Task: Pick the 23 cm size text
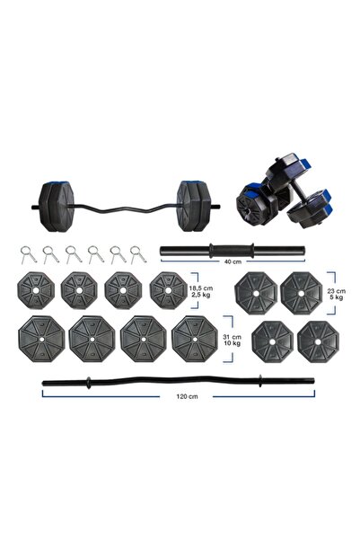point(335,293)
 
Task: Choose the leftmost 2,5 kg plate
point(34,289)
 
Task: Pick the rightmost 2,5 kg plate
point(169,289)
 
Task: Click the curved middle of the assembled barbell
point(127,208)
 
